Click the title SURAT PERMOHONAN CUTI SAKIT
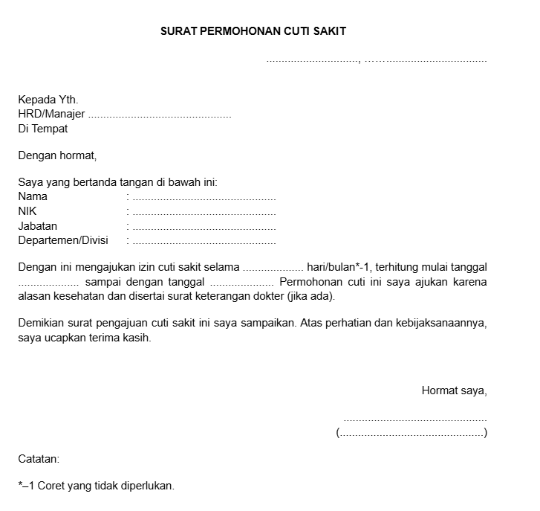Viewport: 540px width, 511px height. point(254,32)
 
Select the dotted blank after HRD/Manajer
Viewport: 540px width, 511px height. point(160,115)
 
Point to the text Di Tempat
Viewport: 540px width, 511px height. point(43,129)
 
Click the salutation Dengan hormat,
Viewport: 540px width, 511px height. point(57,156)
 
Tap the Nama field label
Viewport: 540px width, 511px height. point(33,197)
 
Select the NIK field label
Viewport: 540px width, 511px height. point(27,211)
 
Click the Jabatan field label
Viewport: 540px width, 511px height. point(38,226)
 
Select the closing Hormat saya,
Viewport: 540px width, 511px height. point(454,391)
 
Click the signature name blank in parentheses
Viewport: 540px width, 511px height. point(412,433)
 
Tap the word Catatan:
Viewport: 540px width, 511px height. point(39,460)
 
